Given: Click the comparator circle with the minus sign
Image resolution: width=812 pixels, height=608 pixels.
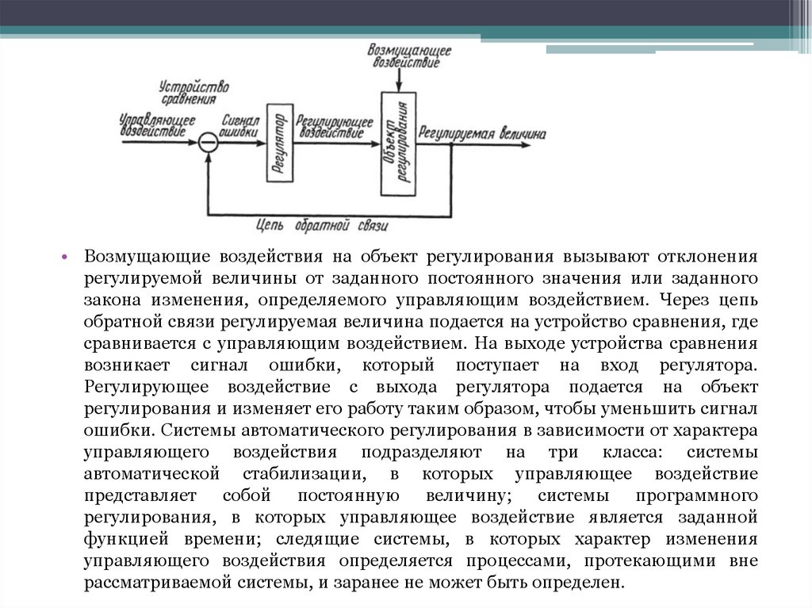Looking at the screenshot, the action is coord(207,143).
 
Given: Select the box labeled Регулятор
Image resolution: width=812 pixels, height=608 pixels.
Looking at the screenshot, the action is coord(280,143).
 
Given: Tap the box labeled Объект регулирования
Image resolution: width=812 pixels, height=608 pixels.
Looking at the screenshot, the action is coord(399,143).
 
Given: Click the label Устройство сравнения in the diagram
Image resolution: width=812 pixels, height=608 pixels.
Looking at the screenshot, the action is coord(193,92).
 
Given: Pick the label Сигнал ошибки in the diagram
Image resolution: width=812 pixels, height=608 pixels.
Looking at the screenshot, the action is coord(240,127).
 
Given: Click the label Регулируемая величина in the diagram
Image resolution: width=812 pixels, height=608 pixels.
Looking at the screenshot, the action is coord(483,134).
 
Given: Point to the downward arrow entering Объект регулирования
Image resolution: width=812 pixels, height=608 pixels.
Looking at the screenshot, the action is coord(400,81).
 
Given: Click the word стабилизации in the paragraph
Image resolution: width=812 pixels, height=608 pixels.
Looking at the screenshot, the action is coord(300,475).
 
